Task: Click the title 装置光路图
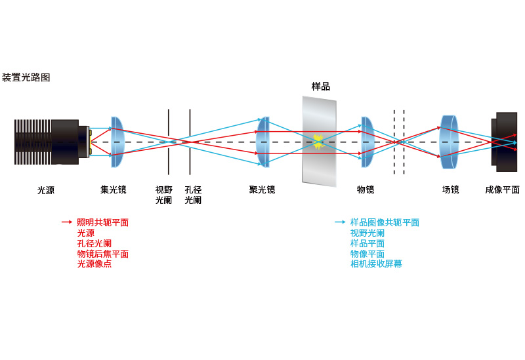click(x=26, y=77)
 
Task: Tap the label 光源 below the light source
click(x=46, y=190)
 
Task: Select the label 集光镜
click(x=113, y=190)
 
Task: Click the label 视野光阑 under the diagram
click(x=163, y=195)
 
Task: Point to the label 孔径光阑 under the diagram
click(x=193, y=195)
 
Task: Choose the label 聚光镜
click(x=262, y=190)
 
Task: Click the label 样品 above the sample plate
click(x=320, y=87)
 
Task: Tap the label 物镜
click(x=366, y=190)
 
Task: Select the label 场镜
click(x=450, y=190)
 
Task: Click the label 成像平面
click(x=502, y=190)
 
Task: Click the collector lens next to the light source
click(x=117, y=142)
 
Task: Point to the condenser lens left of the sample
click(x=263, y=142)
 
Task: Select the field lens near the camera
click(x=450, y=142)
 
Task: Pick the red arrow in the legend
click(x=67, y=222)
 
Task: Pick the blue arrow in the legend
click(x=340, y=222)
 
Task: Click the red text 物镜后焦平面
click(x=102, y=254)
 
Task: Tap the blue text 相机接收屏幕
click(x=376, y=264)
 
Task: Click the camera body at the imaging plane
click(x=505, y=142)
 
